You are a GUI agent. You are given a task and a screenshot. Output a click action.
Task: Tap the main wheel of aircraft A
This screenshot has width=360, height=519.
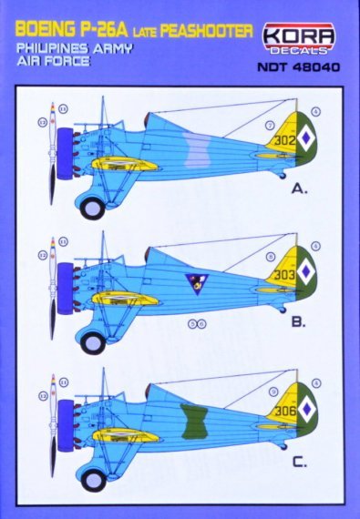(x=93, y=208)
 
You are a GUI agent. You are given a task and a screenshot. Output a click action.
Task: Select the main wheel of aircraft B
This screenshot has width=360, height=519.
(x=93, y=342)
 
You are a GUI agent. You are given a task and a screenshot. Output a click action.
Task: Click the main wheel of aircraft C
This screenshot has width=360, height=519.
(x=93, y=477)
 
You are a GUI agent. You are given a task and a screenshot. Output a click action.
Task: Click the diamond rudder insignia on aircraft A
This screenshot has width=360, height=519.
(x=313, y=140)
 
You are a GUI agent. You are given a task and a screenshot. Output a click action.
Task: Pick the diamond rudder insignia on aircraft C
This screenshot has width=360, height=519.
(x=313, y=409)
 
